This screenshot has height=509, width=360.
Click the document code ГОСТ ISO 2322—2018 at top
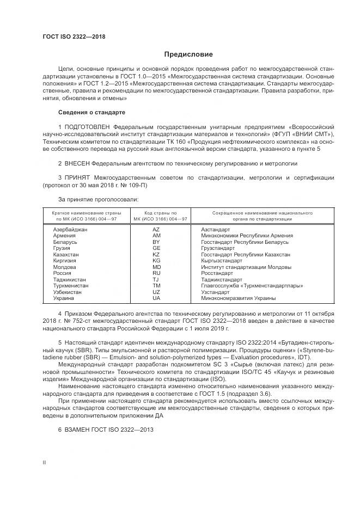74,36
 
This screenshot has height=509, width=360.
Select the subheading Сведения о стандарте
91,112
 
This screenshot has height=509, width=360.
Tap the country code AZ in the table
156,230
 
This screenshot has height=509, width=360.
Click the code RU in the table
156,273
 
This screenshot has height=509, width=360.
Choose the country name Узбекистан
68,292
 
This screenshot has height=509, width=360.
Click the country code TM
156,285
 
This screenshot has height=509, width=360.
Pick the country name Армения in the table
64,236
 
